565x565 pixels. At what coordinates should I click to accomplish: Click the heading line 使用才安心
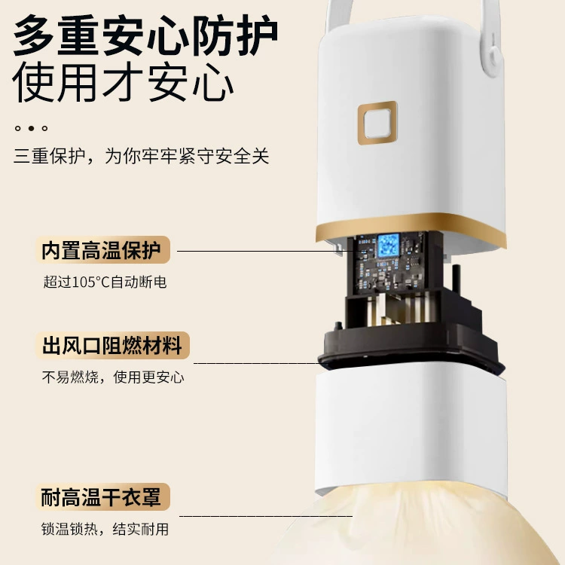click(124, 82)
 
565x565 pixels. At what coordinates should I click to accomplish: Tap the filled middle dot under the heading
click(31, 128)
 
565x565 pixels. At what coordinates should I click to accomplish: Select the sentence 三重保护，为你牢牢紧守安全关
click(142, 156)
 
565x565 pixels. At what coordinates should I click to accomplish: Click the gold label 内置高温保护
click(102, 249)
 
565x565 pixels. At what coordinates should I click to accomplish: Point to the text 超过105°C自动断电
click(105, 282)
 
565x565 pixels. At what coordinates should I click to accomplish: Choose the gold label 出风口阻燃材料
click(112, 345)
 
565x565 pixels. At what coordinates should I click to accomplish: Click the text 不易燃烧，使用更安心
click(113, 377)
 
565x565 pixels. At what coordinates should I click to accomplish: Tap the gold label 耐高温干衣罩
click(102, 496)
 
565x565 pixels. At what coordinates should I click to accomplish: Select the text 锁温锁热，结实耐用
click(105, 529)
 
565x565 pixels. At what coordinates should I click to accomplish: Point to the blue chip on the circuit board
click(389, 246)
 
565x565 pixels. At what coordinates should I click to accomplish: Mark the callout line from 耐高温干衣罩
click(266, 516)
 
